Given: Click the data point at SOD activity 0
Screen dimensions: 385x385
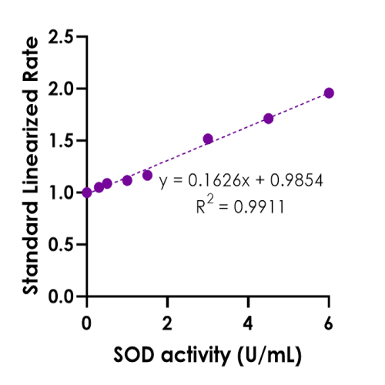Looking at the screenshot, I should tap(87, 192).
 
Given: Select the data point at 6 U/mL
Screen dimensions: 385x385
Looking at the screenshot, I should tap(329, 93).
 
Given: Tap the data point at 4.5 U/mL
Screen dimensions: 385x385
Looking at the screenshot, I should tap(268, 119).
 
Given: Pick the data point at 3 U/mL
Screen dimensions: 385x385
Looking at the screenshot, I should tap(208, 139).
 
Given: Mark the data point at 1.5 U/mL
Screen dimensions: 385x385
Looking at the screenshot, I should tap(147, 176).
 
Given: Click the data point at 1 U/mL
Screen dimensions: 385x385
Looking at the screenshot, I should tap(127, 180).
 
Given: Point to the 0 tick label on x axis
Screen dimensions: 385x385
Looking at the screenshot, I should tap(87, 318).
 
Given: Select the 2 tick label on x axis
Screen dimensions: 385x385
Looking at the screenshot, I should tap(168, 318).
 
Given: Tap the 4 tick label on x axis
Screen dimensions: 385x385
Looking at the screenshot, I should tap(248, 318).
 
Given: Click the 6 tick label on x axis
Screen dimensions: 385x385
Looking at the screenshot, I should tap(329, 318).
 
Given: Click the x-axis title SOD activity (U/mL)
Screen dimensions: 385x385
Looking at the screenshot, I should tap(208, 355).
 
